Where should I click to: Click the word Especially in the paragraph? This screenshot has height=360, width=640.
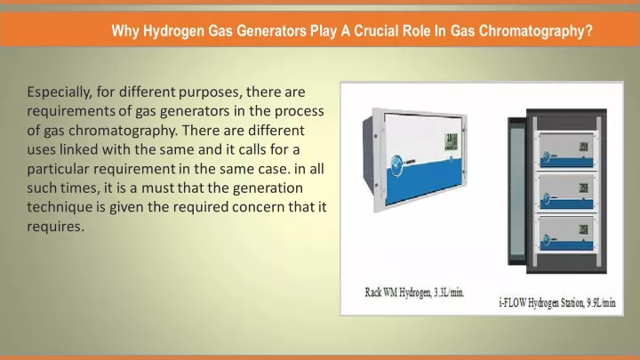60,92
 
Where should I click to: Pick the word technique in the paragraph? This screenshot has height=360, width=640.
60,207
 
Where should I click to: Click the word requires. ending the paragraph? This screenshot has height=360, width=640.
55,227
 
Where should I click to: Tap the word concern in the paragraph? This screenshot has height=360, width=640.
259,207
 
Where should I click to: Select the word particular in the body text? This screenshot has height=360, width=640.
58,169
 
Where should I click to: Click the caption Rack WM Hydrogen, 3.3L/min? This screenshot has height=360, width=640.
414,292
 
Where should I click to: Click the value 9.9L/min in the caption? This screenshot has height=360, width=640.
602,303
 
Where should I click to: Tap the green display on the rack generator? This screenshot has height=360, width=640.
451,141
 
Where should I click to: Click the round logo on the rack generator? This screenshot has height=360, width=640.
396,165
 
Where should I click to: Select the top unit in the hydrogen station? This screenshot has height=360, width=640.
566,150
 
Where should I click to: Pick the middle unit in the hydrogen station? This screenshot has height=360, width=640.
566,192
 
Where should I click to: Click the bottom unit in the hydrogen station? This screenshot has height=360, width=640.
566,235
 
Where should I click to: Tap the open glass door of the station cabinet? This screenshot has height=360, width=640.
516,192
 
